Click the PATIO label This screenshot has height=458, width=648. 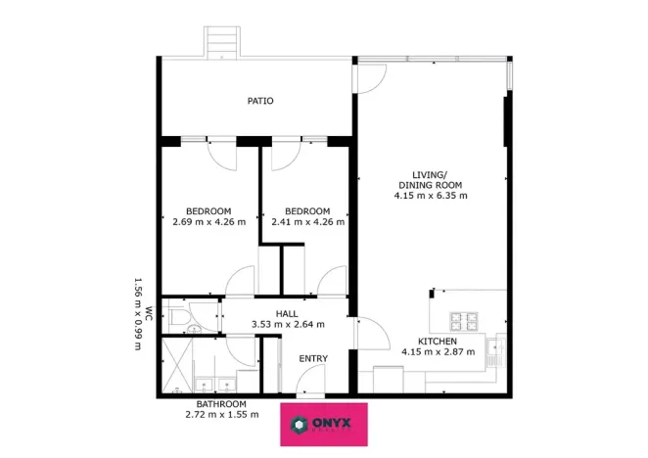point(259,101)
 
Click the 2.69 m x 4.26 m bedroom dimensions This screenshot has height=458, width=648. point(208,222)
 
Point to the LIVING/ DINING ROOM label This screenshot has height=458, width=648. point(430,179)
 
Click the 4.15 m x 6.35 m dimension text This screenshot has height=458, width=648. point(431,196)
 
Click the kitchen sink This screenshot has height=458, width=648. point(498,346)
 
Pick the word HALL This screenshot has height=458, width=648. point(287,312)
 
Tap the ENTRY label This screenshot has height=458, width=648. point(313,359)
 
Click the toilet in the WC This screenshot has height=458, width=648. point(180,317)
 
